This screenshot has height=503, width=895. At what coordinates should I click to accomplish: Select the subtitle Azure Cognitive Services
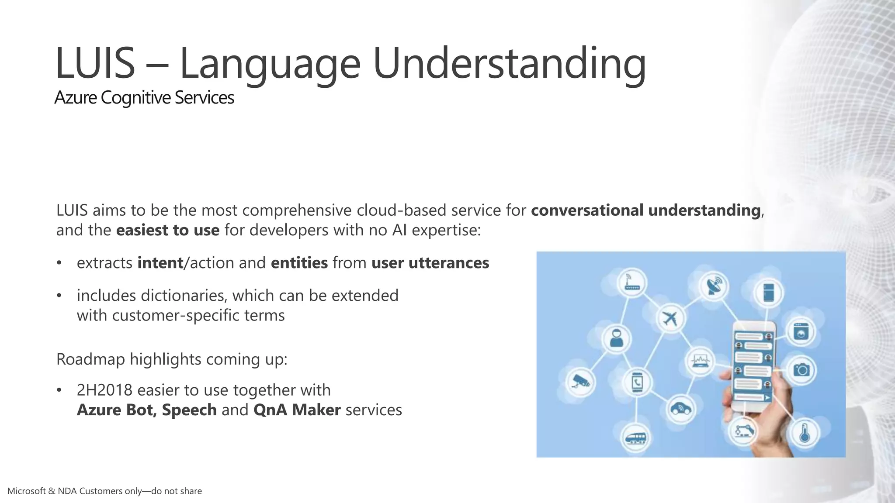(144, 97)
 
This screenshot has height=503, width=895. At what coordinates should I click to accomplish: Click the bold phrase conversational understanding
(645, 210)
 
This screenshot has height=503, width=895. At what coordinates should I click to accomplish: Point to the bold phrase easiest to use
(168, 230)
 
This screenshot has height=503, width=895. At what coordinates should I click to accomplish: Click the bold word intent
(160, 263)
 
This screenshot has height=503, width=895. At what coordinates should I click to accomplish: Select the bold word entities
(299, 263)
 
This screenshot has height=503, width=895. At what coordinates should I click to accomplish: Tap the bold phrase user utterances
(430, 263)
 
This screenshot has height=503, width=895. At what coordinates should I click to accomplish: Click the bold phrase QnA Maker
(297, 410)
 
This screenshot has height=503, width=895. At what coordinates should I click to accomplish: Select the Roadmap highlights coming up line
(172, 359)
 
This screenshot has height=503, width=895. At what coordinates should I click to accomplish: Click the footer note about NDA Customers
(104, 491)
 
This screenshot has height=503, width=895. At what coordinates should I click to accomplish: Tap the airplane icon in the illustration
(670, 318)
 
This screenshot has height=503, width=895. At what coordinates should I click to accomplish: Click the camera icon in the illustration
(801, 370)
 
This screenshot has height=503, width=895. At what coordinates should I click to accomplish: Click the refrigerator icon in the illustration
(769, 292)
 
